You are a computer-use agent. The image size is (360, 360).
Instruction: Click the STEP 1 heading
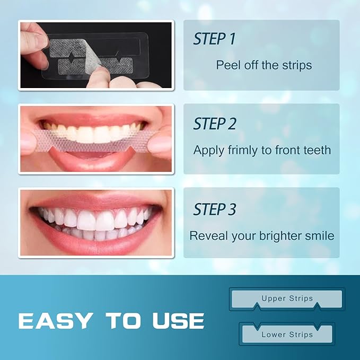coord(214,39)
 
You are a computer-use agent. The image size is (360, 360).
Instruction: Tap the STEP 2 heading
coord(214,124)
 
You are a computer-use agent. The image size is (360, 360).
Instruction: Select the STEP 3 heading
coord(214,209)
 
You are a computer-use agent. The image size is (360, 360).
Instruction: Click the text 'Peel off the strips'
coord(264,65)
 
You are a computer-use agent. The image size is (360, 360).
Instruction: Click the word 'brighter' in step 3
coord(285,235)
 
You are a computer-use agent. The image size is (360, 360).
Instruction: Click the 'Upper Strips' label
coord(287,298)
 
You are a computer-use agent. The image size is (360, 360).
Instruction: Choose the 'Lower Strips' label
coord(287,335)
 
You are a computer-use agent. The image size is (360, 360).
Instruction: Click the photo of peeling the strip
coord(96,55)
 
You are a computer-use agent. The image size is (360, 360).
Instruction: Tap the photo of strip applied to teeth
coord(96,138)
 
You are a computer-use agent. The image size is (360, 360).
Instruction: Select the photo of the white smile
coord(96,222)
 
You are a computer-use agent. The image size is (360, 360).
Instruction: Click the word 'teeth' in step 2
coord(316,150)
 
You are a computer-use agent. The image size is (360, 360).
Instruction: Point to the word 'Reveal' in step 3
coord(207,235)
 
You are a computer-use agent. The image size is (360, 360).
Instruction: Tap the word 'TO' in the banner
coord(123,321)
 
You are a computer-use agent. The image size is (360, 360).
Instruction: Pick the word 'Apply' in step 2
coord(208,151)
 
